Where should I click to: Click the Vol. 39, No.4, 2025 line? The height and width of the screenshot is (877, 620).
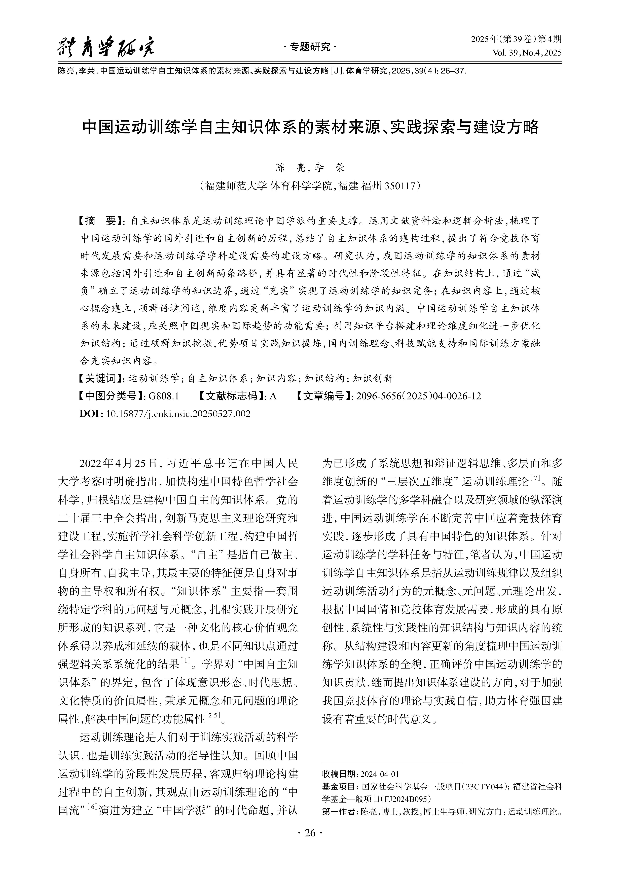click(527, 53)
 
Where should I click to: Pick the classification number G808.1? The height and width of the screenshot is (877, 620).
click(164, 396)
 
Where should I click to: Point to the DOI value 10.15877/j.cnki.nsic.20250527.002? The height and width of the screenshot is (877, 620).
click(178, 413)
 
